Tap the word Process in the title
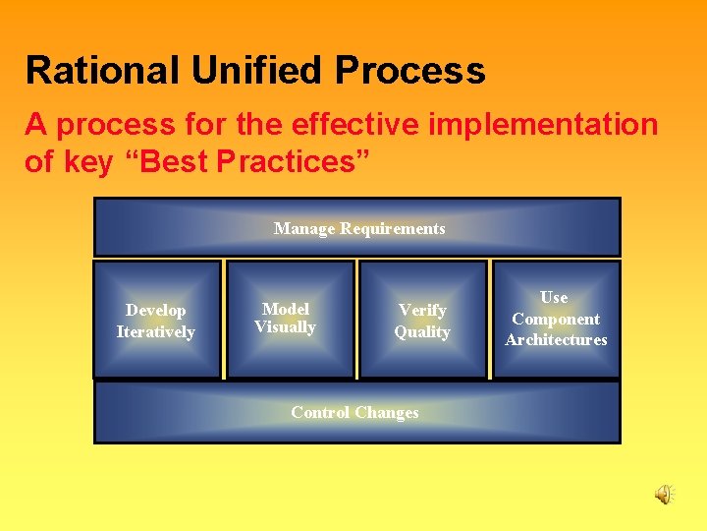pos(410,71)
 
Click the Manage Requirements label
pos(358,228)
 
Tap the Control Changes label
pos(354,413)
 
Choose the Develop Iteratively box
pos(156,321)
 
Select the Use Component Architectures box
pos(556,319)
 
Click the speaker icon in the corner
pos(665,495)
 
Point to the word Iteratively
pos(156,332)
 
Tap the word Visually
pos(285,327)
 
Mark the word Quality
pos(422,332)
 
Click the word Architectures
pos(556,340)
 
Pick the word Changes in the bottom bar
pos(386,413)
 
